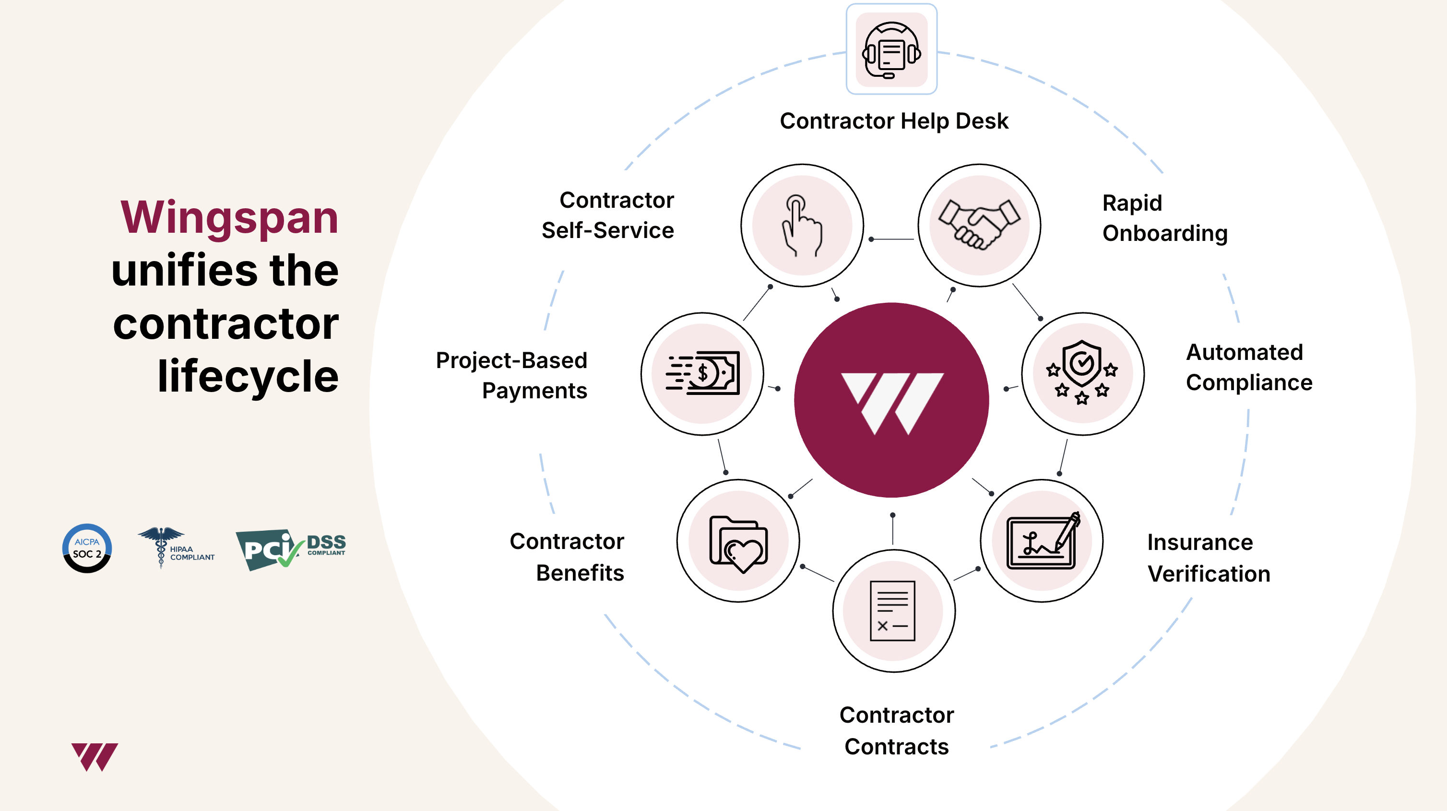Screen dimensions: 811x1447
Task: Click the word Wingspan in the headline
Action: tap(229, 218)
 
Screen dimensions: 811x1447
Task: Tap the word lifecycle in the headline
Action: tap(248, 377)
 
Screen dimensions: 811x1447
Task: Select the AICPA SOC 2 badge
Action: tap(87, 549)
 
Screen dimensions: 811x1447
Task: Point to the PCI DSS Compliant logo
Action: tap(290, 549)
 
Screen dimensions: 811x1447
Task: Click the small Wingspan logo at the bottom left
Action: tap(95, 756)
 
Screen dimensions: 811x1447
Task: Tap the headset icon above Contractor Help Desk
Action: tap(891, 49)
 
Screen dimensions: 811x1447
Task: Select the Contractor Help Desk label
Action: tap(894, 121)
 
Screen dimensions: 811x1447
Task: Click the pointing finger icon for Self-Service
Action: tap(802, 226)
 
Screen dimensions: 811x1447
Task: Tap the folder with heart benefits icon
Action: tap(738, 541)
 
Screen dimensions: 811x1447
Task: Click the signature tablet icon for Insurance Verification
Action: tap(1042, 541)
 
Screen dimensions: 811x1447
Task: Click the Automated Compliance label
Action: tap(1249, 368)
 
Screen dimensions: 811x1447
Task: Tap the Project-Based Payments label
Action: tap(512, 375)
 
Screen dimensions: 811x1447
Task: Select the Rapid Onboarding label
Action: tap(1164, 218)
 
